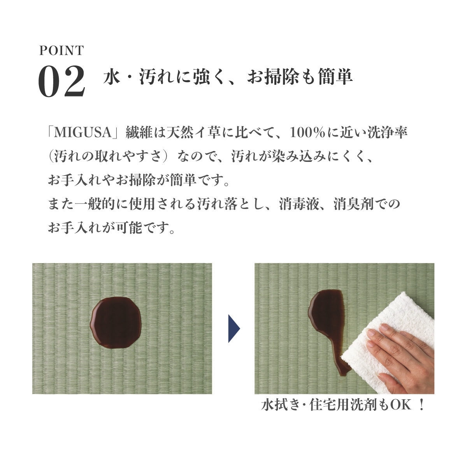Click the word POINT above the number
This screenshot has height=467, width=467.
click(x=61, y=51)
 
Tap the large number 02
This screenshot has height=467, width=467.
click(x=61, y=81)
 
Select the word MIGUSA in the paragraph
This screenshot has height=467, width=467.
click(x=83, y=133)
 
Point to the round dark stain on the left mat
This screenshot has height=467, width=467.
click(x=116, y=323)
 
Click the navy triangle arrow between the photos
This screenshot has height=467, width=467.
click(x=234, y=328)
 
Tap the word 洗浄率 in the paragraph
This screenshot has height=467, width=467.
click(x=388, y=133)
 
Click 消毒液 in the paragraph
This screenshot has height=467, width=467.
click(x=298, y=204)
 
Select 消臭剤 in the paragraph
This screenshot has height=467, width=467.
click(x=354, y=204)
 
